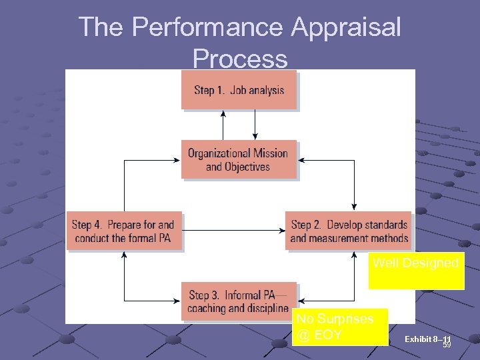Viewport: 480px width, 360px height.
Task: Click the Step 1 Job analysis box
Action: click(239, 90)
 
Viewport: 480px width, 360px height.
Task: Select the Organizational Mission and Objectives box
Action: click(239, 160)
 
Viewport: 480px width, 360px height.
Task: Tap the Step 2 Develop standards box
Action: click(349, 231)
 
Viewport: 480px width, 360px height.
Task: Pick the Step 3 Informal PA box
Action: click(239, 301)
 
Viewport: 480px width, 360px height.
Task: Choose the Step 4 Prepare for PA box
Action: click(124, 231)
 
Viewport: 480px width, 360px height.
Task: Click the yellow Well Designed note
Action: click(416, 270)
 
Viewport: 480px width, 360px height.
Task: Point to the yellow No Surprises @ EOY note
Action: click(339, 327)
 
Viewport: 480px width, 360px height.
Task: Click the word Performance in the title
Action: click(207, 27)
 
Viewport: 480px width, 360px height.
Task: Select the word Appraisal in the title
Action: click(346, 27)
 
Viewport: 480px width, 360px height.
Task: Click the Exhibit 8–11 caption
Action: click(427, 340)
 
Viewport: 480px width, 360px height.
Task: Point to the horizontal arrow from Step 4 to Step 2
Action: click(233, 231)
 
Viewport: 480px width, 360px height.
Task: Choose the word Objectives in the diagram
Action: click(247, 167)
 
